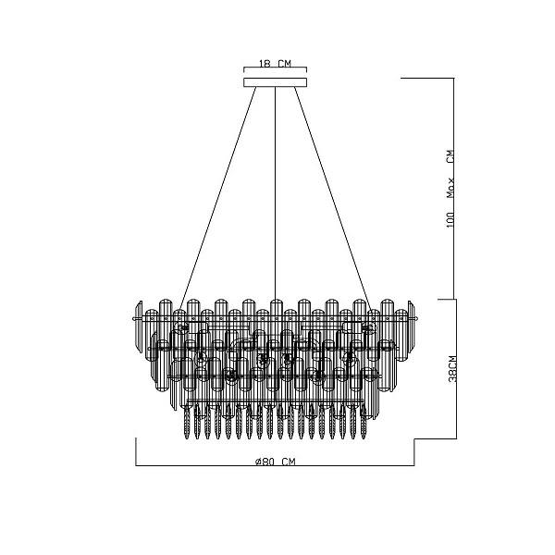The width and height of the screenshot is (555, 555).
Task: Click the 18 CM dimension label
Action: point(275,64)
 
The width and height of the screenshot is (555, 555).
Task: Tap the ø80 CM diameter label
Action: point(275,462)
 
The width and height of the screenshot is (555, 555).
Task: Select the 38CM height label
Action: point(452,369)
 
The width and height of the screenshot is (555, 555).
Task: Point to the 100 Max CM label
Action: point(450,189)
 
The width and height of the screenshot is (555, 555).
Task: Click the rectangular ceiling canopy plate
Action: point(275,82)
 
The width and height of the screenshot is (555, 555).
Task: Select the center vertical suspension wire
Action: point(275,193)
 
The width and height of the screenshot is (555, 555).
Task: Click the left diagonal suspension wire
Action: point(217,199)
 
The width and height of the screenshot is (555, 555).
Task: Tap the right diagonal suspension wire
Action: point(333,199)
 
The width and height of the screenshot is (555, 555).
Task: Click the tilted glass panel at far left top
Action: point(139,321)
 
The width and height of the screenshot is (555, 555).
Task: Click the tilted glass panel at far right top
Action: point(412,321)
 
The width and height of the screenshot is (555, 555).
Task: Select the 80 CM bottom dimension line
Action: point(275,465)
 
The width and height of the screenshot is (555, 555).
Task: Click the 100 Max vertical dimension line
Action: point(454,189)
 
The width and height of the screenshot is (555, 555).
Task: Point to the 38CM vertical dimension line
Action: point(456,369)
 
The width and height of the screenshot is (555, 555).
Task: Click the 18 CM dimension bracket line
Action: point(275,68)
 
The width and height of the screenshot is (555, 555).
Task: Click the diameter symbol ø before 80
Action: point(258,462)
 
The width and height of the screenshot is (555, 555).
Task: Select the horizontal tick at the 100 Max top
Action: point(427,78)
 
